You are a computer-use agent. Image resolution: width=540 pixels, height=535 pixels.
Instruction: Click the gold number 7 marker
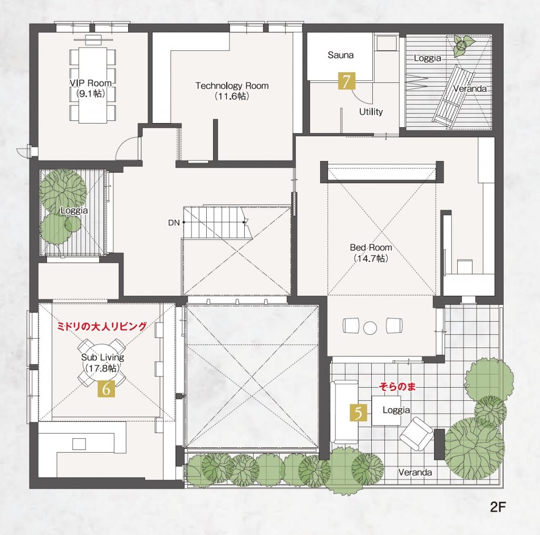347,81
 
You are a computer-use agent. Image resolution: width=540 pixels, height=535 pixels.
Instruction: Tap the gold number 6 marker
106,388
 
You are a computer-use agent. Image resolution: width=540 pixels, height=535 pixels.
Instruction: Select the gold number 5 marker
359,413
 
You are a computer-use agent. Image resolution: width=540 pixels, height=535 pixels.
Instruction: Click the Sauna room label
341,55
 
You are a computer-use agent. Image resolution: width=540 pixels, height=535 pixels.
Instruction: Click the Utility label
371,112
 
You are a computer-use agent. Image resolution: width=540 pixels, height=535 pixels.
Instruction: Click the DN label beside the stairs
174,223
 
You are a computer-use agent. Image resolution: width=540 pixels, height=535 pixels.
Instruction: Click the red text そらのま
397,387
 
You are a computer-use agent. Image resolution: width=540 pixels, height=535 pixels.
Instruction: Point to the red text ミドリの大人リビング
102,326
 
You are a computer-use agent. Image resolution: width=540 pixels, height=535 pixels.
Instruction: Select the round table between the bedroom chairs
370,328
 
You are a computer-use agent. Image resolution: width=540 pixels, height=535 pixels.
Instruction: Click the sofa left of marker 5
344,412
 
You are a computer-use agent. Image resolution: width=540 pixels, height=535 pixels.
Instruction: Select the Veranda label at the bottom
415,472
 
